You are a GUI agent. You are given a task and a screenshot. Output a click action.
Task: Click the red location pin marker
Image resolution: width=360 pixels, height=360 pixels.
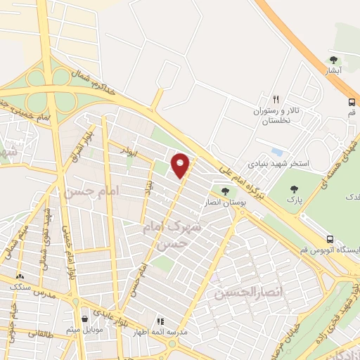tap(181, 165)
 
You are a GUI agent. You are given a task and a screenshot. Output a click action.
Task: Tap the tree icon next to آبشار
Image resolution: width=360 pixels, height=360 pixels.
tap(333, 60)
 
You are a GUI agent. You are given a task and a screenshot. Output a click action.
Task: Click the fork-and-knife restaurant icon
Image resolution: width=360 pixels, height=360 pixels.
tap(276, 99)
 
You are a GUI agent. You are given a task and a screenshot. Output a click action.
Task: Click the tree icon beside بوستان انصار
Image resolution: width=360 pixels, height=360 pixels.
tap(225, 191)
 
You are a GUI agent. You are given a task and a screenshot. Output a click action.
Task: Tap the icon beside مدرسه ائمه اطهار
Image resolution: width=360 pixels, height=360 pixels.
tap(159, 321)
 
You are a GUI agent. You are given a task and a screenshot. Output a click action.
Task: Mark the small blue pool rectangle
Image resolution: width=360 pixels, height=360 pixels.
tap(276, 152)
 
